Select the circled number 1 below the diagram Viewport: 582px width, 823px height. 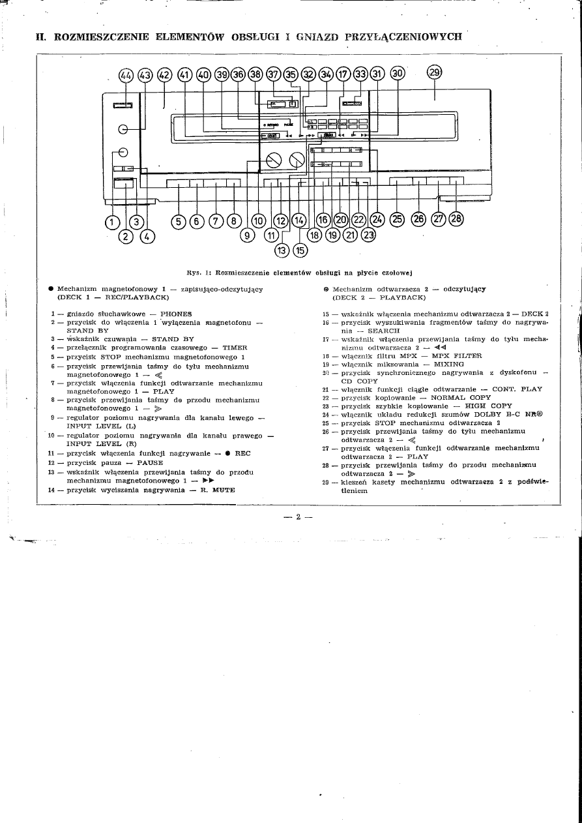tap(112, 222)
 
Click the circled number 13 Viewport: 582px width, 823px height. tap(282, 248)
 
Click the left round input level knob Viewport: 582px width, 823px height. tap(273, 159)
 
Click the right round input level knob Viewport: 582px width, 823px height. tap(297, 159)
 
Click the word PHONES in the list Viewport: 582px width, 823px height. tap(176, 314)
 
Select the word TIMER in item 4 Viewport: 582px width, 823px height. tap(235, 348)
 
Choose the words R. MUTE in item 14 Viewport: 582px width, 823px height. tap(216, 489)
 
